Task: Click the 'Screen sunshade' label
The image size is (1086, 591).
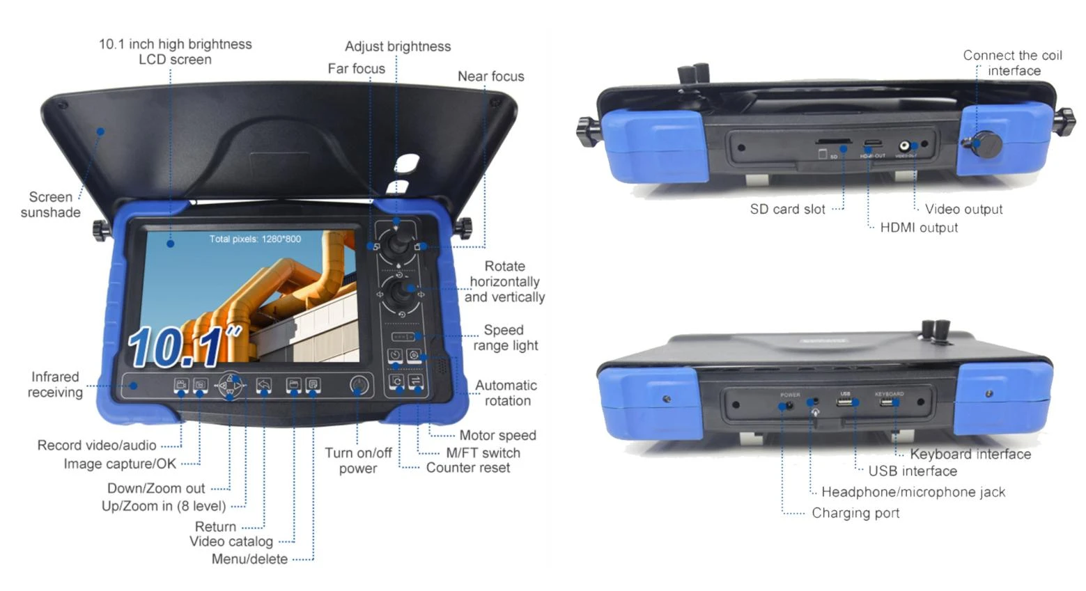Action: coord(50,205)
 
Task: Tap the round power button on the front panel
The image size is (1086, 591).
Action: coord(358,386)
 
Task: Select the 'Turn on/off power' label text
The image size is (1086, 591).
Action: coord(358,461)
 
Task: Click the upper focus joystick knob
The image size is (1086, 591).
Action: coord(398,242)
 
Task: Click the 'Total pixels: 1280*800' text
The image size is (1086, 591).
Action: coord(255,239)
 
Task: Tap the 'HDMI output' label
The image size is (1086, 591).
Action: coord(918,228)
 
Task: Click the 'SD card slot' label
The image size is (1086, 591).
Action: coord(787,209)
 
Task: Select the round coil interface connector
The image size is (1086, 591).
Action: coord(986,145)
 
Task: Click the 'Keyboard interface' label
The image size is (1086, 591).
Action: coord(970,454)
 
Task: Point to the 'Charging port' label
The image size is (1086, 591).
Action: coord(855,513)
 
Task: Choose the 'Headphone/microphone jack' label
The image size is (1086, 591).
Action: coord(913,492)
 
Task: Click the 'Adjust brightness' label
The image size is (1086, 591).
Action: coord(398,47)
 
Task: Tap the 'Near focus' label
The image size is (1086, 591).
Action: coord(490,77)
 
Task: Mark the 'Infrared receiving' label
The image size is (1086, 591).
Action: coord(55,384)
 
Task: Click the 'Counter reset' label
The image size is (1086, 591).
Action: coord(467,468)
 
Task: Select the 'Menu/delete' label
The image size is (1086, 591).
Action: coord(249,559)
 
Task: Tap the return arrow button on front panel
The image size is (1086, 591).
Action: coord(263,384)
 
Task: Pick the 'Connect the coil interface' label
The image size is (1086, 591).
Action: coord(1012,63)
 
